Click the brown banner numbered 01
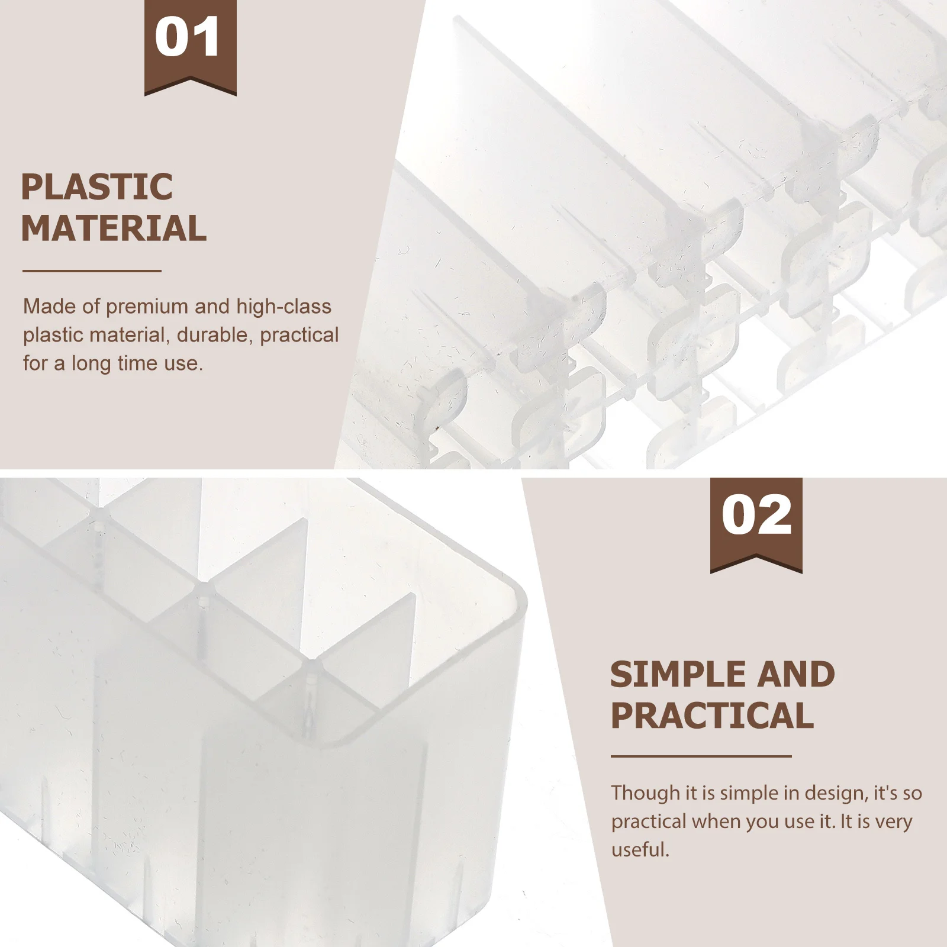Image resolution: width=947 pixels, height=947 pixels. (190, 44)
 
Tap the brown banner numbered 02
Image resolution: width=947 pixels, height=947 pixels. (756, 521)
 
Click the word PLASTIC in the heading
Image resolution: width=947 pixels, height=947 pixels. (96, 187)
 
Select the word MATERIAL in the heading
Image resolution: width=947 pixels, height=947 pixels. (114, 228)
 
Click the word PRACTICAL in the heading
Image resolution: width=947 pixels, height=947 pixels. (712, 716)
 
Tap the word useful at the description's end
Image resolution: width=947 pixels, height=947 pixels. (639, 850)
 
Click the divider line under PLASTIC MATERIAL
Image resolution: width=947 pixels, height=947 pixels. (92, 271)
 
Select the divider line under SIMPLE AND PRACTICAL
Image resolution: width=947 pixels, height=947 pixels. (701, 756)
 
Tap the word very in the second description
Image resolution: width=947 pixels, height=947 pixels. (893, 822)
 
